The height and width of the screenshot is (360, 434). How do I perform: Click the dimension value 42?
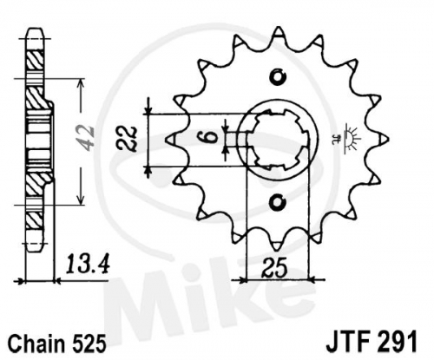click(x=88, y=139)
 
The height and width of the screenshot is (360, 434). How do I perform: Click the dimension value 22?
click(x=128, y=140)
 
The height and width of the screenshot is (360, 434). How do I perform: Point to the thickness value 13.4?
click(x=88, y=265)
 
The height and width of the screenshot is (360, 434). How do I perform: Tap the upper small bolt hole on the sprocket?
click(x=278, y=77)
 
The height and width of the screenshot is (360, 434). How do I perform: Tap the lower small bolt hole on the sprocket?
click(x=278, y=201)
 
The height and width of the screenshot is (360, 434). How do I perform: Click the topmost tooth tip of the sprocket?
click(x=279, y=28)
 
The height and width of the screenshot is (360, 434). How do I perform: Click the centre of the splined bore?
click(x=277, y=140)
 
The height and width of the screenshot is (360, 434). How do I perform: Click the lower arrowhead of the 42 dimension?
click(x=81, y=200)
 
